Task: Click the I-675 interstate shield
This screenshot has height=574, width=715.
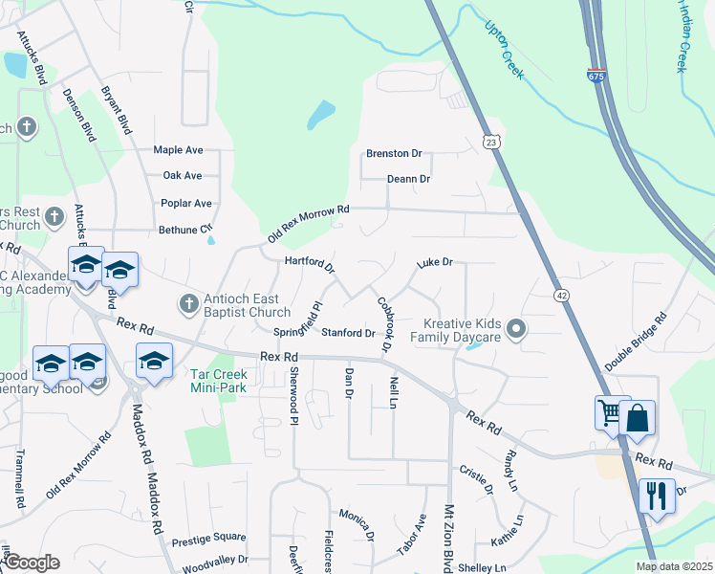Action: coord(596,76)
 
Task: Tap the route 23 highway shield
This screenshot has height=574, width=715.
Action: coord(490,142)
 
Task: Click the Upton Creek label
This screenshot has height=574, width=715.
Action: coord(503,49)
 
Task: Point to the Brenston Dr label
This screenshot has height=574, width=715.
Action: coord(394,153)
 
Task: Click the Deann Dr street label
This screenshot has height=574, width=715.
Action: coord(409,179)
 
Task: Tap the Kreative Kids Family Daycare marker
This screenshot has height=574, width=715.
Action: coord(517,330)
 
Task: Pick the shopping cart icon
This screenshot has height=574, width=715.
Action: coord(610,413)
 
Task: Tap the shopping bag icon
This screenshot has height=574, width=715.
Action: coord(637,418)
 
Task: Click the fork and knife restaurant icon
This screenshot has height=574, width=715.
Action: coord(656,496)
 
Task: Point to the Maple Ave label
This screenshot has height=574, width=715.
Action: coord(179,150)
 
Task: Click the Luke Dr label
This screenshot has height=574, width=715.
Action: coord(434,261)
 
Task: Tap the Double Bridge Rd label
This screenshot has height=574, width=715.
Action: coord(635,342)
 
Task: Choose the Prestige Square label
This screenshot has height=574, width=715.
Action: coord(203,539)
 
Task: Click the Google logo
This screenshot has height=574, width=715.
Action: coord(31,563)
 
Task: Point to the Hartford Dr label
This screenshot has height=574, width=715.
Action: coord(309,263)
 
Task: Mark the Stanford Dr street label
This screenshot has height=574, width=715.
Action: coord(348,333)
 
